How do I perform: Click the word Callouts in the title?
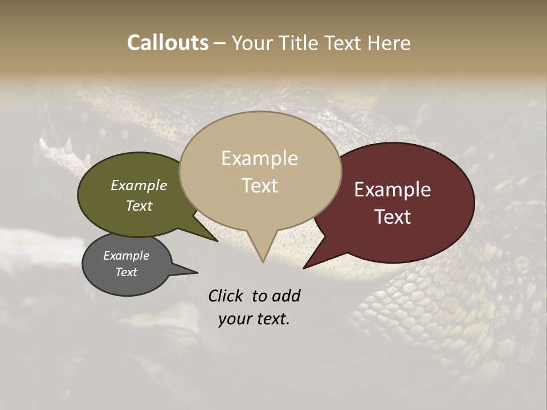click(x=168, y=43)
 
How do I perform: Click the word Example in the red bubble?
click(x=393, y=190)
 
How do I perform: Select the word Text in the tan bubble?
click(x=260, y=186)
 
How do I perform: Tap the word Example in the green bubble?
click(x=138, y=185)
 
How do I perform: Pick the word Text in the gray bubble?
click(x=126, y=272)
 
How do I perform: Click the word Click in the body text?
click(x=227, y=296)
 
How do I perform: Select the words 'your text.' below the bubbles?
click(x=254, y=319)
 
